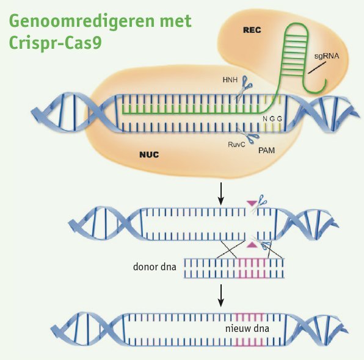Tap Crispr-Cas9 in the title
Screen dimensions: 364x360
tap(55, 43)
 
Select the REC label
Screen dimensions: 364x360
tap(252, 30)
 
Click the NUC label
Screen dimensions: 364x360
tap(149, 154)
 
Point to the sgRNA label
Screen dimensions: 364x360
tap(327, 56)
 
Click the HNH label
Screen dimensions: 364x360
tap(230, 80)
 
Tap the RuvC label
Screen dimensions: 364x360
tap(236, 145)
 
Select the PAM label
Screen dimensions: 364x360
tap(266, 150)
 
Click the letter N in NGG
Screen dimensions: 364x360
tap(265, 119)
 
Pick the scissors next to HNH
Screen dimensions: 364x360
tap(244, 87)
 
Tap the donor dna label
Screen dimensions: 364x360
tap(155, 267)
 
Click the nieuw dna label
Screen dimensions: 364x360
tap(247, 328)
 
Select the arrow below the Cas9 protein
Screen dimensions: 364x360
tap(221, 194)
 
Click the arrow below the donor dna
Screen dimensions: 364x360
tap(221, 295)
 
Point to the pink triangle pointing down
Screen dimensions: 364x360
tap(252, 203)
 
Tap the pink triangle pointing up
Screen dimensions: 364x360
tap(252, 245)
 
